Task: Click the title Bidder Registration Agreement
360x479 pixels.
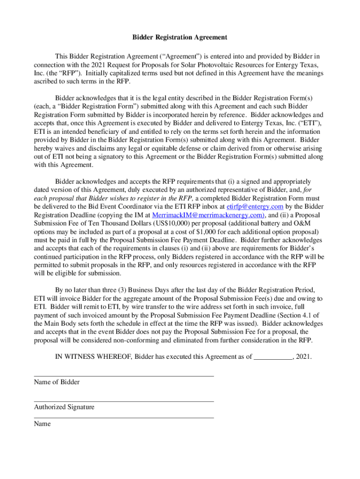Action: pos(180,37)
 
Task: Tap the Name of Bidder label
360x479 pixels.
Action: pos(57,382)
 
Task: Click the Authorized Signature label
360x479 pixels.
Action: pos(64,407)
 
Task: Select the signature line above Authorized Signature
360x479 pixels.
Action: pos(123,401)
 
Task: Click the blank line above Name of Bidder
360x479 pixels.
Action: pos(123,376)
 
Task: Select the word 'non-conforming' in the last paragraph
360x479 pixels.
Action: pos(121,340)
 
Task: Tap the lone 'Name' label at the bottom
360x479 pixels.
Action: pos(43,424)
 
